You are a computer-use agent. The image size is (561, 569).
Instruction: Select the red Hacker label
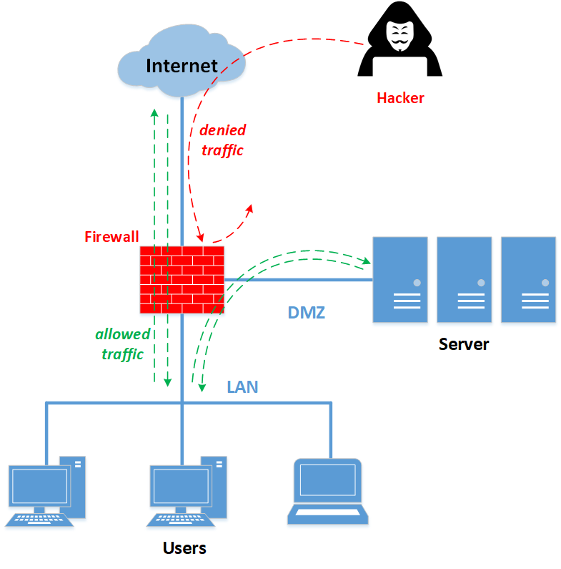point(400,98)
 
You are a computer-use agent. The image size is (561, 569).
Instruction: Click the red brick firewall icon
point(182,280)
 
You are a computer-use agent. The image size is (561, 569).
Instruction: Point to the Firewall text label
point(111,236)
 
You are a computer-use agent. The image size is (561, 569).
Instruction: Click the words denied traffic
point(222,140)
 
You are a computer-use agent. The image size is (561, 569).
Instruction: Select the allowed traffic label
point(123,344)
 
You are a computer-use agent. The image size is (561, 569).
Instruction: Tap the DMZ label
point(307,313)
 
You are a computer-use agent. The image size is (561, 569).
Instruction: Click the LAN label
point(242,387)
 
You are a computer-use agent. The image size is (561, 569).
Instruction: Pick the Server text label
point(463,344)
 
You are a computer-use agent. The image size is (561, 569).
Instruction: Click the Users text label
point(184,548)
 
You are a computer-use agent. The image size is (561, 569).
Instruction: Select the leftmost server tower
point(400,279)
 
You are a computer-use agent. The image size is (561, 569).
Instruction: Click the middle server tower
point(465,279)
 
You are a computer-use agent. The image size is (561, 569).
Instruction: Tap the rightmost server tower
point(528,279)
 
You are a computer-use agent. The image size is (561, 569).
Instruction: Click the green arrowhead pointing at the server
point(368,262)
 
